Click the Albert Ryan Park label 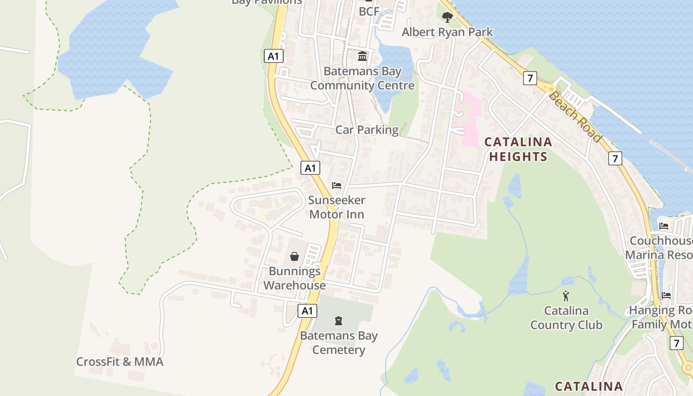(x=447, y=32)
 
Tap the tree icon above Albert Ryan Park (x=447, y=17)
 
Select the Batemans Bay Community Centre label (x=362, y=78)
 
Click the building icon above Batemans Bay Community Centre (x=362, y=56)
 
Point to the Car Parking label (x=367, y=130)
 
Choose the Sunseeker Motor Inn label (x=337, y=207)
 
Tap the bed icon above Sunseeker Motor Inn (x=337, y=186)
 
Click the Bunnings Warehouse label (x=295, y=278)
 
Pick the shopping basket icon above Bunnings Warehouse (x=295, y=256)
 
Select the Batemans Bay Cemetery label (x=339, y=343)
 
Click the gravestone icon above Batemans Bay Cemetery (x=339, y=321)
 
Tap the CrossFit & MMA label (x=120, y=362)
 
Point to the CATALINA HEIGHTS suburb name (x=518, y=149)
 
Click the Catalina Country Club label (x=566, y=318)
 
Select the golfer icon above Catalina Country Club (x=566, y=296)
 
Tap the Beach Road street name (x=575, y=116)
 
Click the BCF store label (x=369, y=11)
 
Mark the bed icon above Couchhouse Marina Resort (x=664, y=226)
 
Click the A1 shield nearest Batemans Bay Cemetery (x=307, y=311)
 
